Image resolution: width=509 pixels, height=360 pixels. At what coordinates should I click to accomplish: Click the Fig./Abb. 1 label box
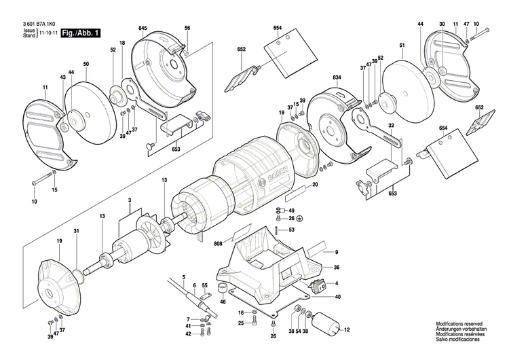[x=80, y=32]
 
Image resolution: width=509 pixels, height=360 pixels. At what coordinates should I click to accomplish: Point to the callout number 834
[x=337, y=79]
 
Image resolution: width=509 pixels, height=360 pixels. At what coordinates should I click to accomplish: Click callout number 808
[x=219, y=242]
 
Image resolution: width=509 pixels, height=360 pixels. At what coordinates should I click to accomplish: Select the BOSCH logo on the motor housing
[x=279, y=175]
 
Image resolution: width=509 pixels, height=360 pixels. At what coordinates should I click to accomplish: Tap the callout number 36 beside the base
[x=336, y=268]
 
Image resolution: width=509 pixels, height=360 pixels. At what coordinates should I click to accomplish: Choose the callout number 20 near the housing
[x=314, y=185]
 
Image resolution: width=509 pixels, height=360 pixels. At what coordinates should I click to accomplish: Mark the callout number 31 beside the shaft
[x=77, y=232]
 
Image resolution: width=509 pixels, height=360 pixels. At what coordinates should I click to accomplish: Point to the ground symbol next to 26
[x=300, y=219]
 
